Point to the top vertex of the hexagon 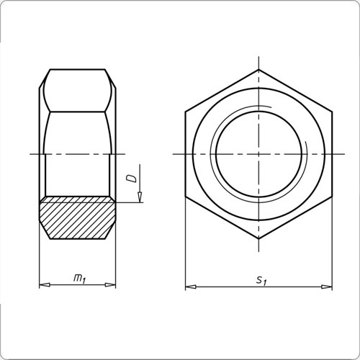pos(258,70)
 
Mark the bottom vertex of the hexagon pos(258,239)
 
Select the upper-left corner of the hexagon pos(185,112)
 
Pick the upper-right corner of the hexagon pos(332,112)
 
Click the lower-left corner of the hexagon pos(185,197)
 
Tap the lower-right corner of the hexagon pos(332,197)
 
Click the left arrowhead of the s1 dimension pos(189,287)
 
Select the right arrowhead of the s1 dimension pos(328,287)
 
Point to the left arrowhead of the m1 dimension pos(42,286)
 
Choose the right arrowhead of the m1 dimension pos(111,286)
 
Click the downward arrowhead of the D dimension pos(140,198)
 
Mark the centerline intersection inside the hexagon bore pos(258,154)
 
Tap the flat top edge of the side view pos(77,70)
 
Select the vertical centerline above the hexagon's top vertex pos(258,61)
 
